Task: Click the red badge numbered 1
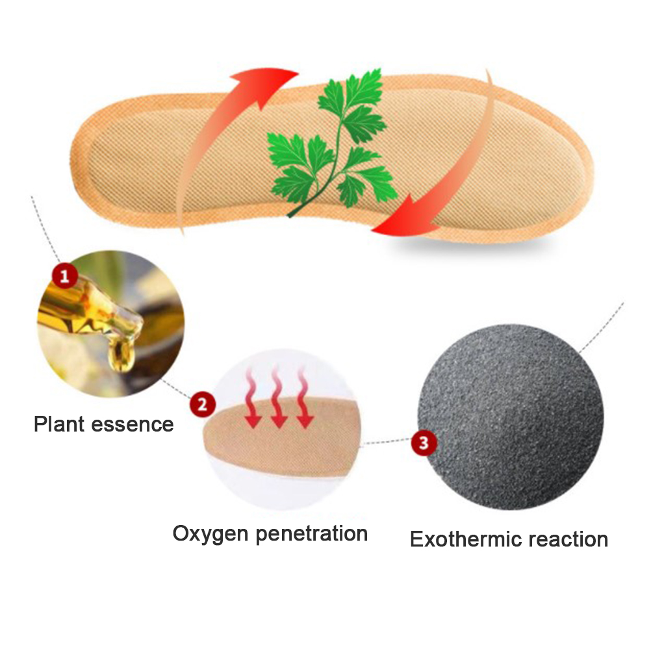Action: point(64,277)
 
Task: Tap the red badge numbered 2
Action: point(202,405)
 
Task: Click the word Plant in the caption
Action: point(59,424)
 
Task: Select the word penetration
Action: point(312,534)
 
